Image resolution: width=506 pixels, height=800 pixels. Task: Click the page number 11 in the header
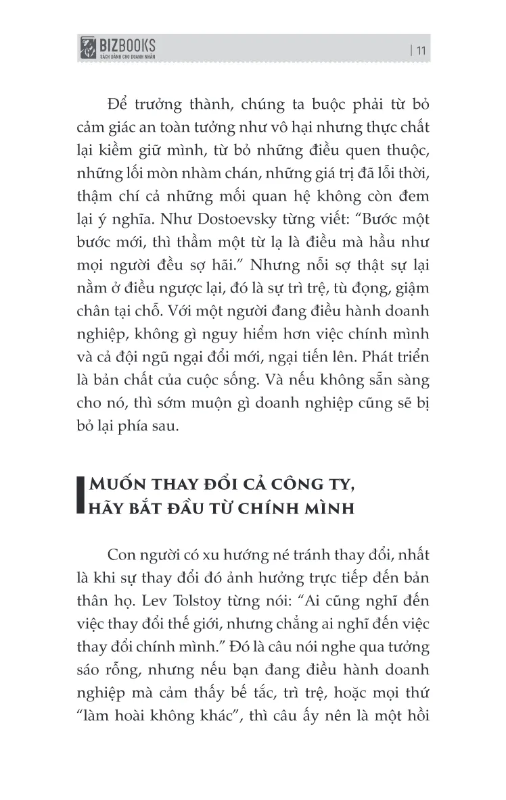click(419, 49)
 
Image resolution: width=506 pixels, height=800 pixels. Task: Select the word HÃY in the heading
click(108, 507)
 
